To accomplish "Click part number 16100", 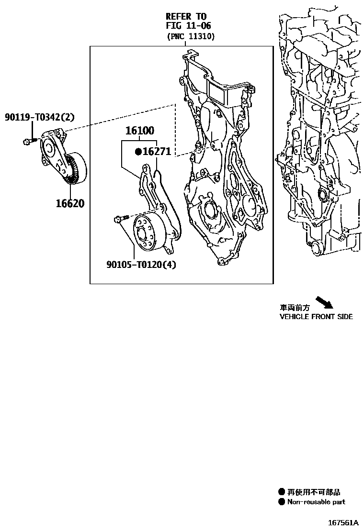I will (140, 131).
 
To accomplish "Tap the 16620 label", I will (69, 204).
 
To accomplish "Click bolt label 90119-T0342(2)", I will (40, 117).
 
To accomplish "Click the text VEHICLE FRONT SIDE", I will (316, 317).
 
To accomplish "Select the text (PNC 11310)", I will (190, 36).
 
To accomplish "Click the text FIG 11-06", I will (188, 26).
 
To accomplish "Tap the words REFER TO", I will (186, 16).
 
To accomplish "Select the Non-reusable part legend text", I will (316, 502).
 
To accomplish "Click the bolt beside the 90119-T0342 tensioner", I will (29, 141).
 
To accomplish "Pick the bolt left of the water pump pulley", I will (120, 219).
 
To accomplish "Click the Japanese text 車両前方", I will (295, 309).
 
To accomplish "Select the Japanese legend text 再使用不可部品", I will (314, 492).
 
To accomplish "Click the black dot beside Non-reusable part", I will (282, 502).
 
